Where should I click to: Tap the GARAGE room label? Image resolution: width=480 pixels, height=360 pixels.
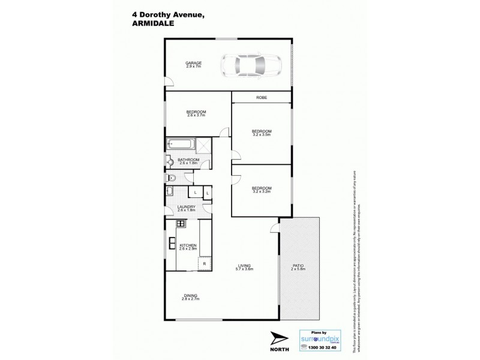pyautogui.click(x=193, y=64)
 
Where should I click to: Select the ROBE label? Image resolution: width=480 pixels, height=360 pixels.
pyautogui.click(x=262, y=98)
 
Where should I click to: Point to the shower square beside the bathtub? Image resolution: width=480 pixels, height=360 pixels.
pyautogui.click(x=205, y=144)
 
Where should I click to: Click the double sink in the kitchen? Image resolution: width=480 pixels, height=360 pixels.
pyautogui.click(x=170, y=244)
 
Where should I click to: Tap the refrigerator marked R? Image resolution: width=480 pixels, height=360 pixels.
pyautogui.click(x=205, y=263)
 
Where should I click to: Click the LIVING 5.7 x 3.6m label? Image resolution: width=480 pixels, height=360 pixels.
pyautogui.click(x=244, y=267)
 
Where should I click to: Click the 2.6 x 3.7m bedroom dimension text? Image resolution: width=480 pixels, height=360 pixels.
pyautogui.click(x=196, y=116)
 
